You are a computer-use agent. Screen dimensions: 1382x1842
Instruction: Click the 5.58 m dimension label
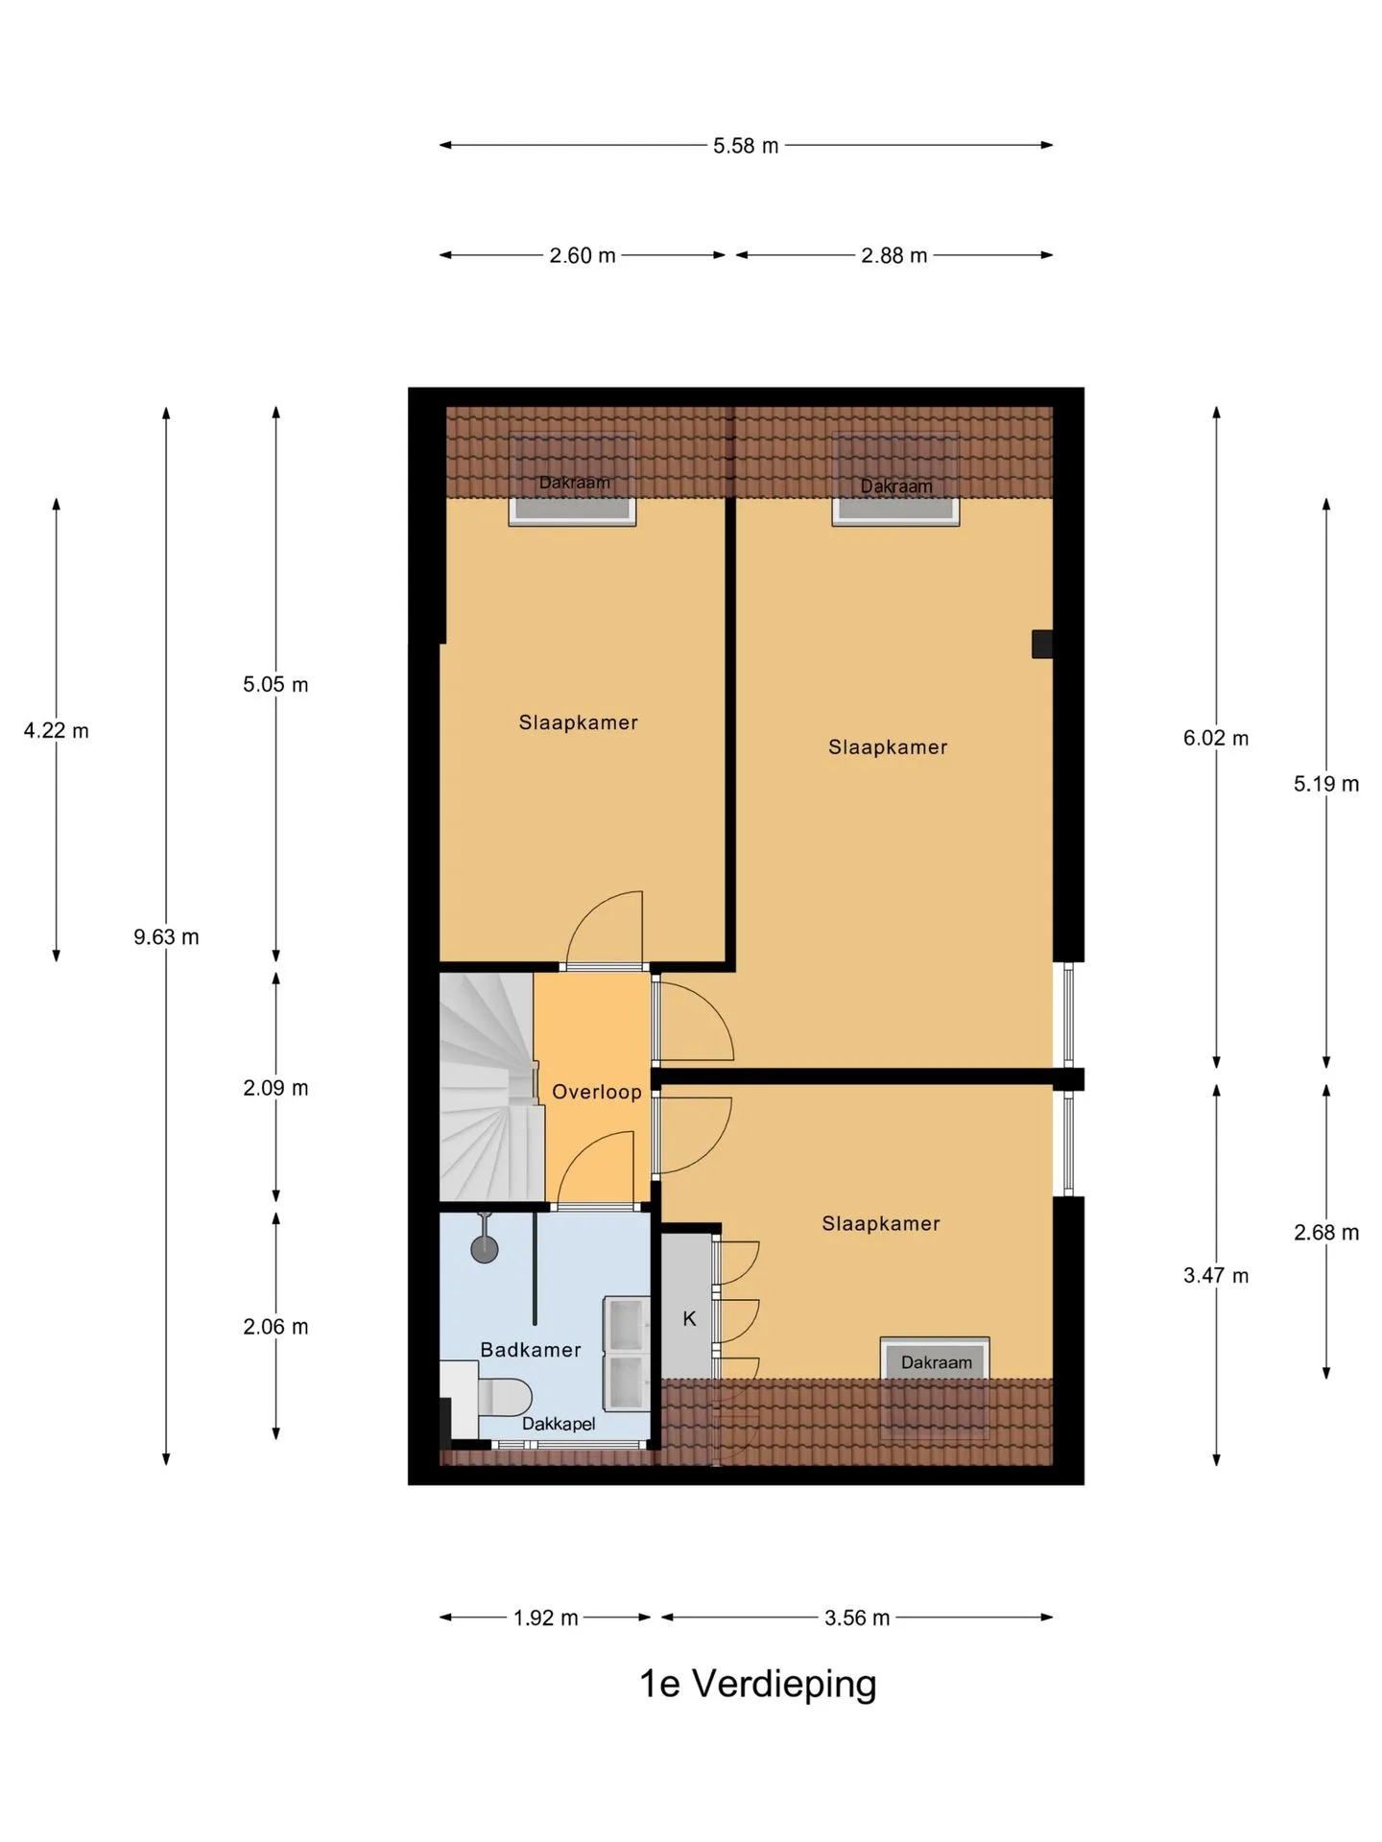[x=746, y=146]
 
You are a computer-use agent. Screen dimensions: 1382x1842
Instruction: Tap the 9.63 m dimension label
[x=166, y=937]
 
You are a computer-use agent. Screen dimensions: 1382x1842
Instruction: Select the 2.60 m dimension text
[x=583, y=256]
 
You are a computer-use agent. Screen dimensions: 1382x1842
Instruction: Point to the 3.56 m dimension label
[x=857, y=1618]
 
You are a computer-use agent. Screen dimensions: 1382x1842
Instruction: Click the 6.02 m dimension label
[x=1216, y=739]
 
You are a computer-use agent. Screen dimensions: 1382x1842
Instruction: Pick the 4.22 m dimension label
[x=56, y=731]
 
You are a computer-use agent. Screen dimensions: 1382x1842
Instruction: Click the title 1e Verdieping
[x=758, y=1685]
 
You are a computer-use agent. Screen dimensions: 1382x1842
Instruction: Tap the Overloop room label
[x=597, y=1092]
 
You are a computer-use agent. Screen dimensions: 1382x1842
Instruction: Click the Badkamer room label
[x=531, y=1350]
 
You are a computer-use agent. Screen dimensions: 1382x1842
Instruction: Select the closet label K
[x=689, y=1319]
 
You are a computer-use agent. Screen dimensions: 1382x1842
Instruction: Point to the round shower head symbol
[x=484, y=1248]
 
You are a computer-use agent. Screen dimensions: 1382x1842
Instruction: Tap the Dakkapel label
[x=559, y=1424]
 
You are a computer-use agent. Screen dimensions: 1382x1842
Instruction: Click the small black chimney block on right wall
[x=1042, y=644]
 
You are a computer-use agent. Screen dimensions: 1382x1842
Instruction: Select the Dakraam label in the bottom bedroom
[x=937, y=1362]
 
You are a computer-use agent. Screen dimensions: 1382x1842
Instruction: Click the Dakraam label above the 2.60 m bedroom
[x=575, y=483]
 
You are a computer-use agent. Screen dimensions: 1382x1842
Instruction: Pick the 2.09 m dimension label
[x=275, y=1088]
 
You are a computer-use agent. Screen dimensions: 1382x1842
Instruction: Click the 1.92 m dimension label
[x=545, y=1618]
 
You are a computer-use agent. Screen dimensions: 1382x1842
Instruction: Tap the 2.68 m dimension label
[x=1326, y=1233]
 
